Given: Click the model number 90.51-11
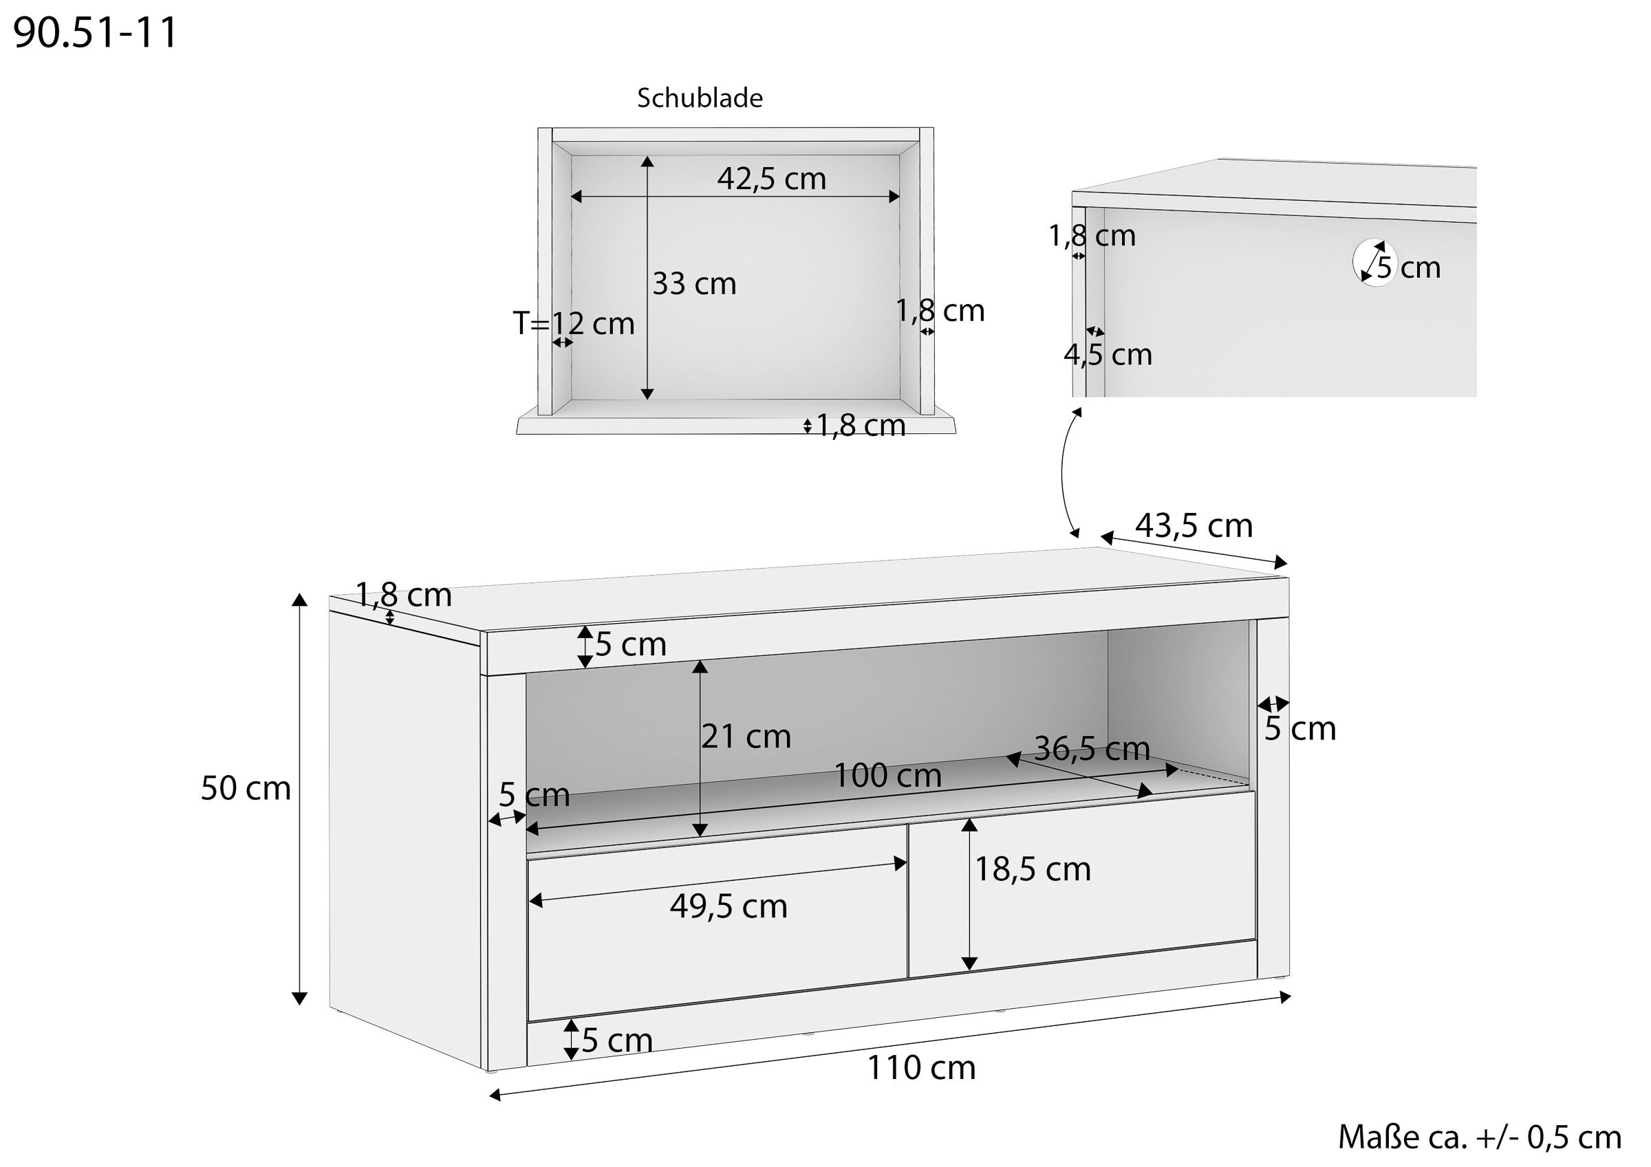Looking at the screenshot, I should tap(95, 33).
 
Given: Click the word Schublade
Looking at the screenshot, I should tap(699, 98).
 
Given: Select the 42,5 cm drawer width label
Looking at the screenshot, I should tap(771, 178).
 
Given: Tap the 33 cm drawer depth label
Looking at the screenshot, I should tap(694, 284).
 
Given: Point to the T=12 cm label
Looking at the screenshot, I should tap(573, 324).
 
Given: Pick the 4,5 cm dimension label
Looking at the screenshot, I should tap(1108, 354).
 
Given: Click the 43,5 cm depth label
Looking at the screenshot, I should tap(1194, 525).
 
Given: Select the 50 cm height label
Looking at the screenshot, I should tap(245, 788).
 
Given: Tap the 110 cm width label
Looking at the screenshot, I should tap(921, 1068).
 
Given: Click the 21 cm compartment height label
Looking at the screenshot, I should tap(746, 737).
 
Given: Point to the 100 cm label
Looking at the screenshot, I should tap(887, 775).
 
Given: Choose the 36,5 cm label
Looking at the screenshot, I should tap(1092, 750).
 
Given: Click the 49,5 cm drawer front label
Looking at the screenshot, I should tap(729, 906).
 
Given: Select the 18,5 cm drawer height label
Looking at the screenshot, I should tap(1032, 869).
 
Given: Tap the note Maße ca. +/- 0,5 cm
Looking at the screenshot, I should tap(1479, 1137).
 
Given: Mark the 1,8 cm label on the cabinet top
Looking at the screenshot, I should tap(403, 595).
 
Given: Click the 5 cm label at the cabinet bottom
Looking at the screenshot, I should tap(616, 1040).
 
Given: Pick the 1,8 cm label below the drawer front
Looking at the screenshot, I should tap(860, 426).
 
